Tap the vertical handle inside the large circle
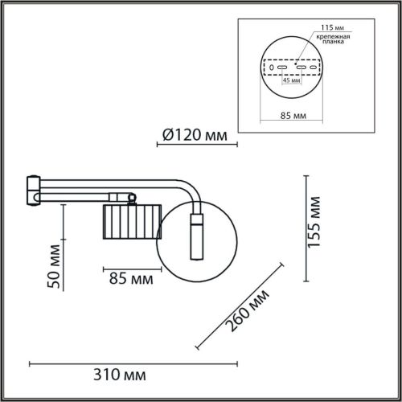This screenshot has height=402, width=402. coord(196,235)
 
